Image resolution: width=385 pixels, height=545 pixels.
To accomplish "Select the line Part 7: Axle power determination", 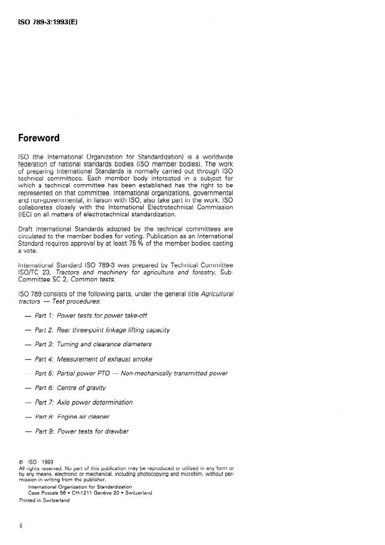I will (x=83, y=402).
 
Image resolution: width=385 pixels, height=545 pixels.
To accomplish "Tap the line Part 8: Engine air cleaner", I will (x=74, y=416).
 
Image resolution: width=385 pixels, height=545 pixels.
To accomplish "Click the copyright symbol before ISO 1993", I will (x=22, y=462).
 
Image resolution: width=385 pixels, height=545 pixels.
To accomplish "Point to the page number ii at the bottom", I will (x=21, y=526).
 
